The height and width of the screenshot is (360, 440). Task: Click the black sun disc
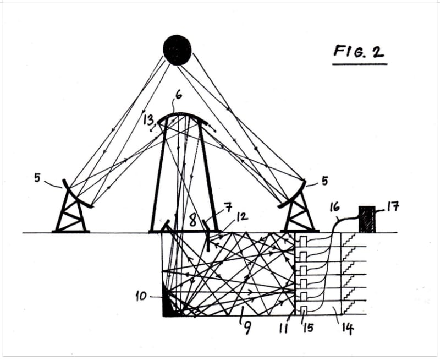pyautogui.click(x=177, y=50)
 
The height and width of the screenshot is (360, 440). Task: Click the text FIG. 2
pyautogui.click(x=359, y=52)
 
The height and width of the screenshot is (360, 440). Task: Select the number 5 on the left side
pyautogui.click(x=37, y=179)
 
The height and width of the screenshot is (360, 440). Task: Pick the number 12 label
pyautogui.click(x=242, y=217)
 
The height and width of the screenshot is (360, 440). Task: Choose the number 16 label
pyautogui.click(x=334, y=208)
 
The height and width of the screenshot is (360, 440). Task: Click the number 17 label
pyautogui.click(x=393, y=208)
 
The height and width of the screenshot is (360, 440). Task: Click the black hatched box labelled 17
pyautogui.click(x=367, y=219)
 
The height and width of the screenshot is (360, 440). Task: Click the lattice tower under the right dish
pyautogui.click(x=299, y=215)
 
